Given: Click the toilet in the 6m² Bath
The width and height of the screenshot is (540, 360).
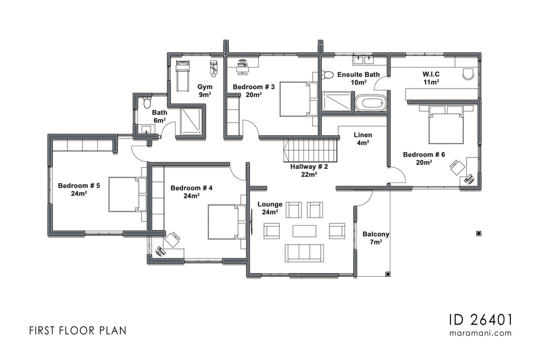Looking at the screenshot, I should tap(146, 103).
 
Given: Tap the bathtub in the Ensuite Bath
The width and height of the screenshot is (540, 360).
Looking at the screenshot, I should tap(371, 103).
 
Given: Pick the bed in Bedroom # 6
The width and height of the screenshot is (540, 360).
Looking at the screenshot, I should tap(446, 125).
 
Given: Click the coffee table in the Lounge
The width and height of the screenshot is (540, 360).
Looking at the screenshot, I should tap(304, 230).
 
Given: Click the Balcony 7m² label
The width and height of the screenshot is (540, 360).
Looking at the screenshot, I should tap(376, 238).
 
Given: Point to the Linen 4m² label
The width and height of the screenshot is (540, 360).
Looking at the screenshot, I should tap(362, 139).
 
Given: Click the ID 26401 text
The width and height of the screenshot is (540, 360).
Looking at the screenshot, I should tap(480, 319).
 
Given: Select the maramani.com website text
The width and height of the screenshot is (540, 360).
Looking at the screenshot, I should tap(480, 333).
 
